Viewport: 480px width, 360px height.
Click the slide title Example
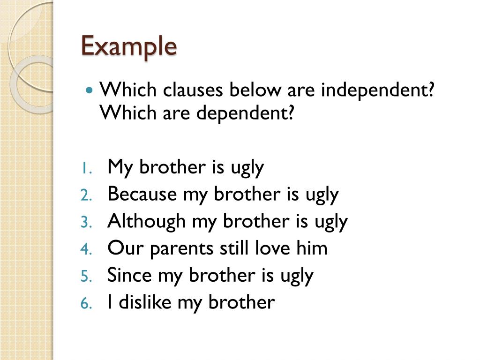point(129,46)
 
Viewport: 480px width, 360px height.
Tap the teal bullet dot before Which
point(89,90)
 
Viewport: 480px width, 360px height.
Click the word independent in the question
point(377,90)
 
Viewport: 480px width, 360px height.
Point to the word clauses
point(193,90)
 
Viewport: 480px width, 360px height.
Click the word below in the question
point(255,90)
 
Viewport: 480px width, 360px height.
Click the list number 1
point(87,168)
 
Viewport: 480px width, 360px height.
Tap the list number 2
point(86,195)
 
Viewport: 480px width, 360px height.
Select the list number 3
point(86,222)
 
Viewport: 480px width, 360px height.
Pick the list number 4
point(86,249)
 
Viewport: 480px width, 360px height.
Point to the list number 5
point(86,276)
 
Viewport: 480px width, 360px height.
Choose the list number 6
point(86,303)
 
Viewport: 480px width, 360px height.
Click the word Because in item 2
point(142,194)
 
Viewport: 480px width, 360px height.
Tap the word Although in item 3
point(147,221)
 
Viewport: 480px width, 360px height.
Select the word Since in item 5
point(129,275)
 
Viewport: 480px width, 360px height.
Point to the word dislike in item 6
point(145,301)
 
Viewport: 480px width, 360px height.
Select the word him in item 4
point(312,247)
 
